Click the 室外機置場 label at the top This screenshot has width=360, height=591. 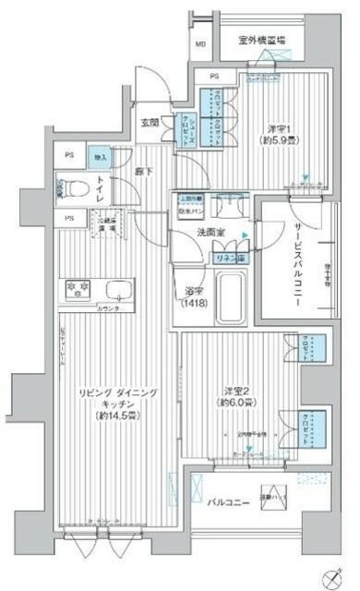coord(261,40)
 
